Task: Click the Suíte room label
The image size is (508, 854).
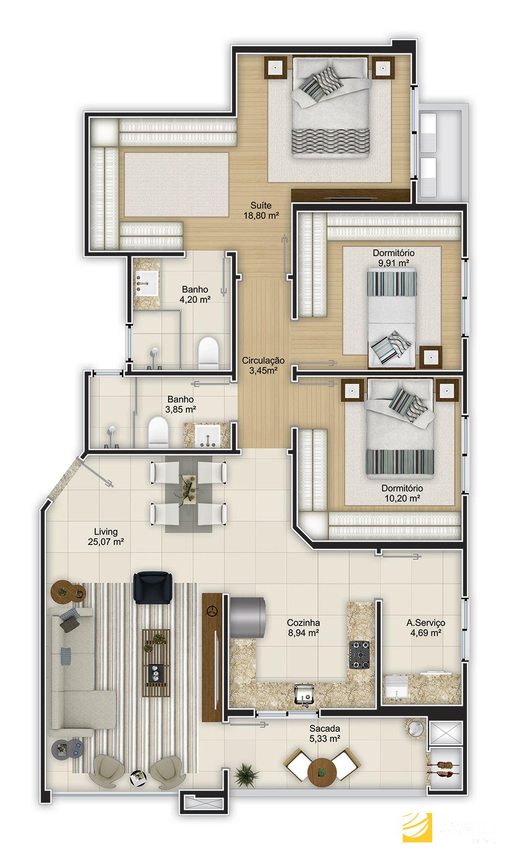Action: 261,205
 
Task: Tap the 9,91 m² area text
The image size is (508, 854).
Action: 394,263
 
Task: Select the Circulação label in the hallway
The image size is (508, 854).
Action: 263,360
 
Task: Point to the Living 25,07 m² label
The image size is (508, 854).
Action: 106,537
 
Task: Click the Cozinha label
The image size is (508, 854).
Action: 304,623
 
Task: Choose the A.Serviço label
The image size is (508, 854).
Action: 426,623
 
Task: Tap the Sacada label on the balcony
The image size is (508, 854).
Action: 325,728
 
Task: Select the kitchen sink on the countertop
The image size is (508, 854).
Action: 305,694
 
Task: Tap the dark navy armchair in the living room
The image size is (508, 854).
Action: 152,587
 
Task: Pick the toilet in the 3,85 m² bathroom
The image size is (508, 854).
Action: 158,432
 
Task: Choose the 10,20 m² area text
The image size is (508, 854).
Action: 402,498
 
